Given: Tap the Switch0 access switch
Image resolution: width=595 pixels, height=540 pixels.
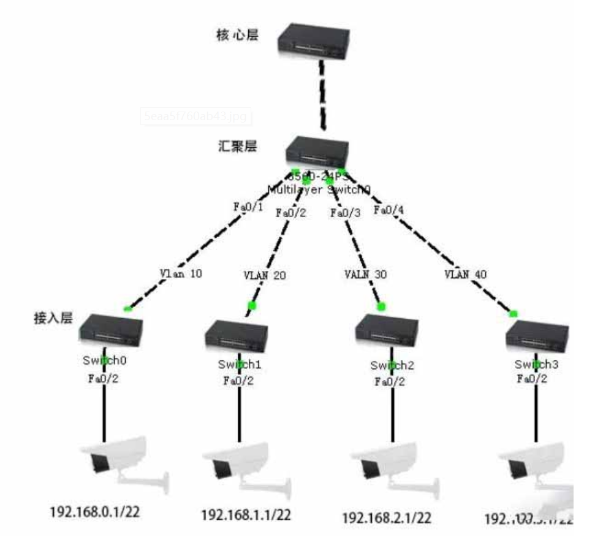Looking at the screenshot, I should click(x=110, y=331).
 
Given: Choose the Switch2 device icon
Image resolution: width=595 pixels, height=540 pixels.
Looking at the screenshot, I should click(x=385, y=335).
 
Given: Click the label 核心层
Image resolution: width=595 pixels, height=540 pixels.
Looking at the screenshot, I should click(x=238, y=34).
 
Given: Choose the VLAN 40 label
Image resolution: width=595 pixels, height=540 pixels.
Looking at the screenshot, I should click(x=466, y=275).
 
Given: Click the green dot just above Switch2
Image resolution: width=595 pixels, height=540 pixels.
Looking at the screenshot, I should click(x=381, y=306).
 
